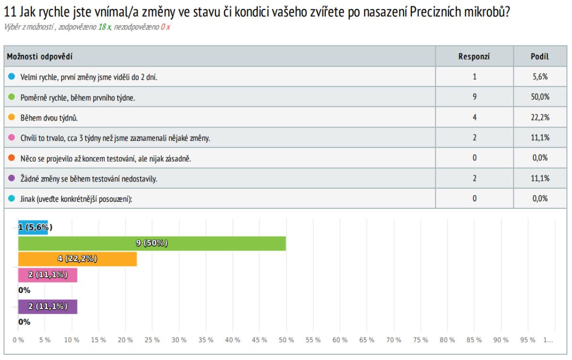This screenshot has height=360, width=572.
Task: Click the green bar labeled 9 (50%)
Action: [152, 243]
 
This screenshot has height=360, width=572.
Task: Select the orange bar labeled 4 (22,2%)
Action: [77, 259]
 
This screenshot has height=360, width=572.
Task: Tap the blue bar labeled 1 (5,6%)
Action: [33, 227]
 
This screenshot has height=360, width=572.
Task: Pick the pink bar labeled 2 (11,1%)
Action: [47, 275]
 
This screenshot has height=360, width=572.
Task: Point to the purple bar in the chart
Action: [47, 307]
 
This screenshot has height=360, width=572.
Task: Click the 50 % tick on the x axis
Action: [286, 340]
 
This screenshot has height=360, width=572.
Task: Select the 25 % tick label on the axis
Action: [152, 340]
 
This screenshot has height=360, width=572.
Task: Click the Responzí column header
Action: [474, 57]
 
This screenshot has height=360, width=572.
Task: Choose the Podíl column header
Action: [540, 57]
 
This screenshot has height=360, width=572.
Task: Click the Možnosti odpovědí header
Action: [40, 57]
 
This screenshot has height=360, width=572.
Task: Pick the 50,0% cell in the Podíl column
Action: [540, 97]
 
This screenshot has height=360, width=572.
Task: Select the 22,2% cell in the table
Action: [540, 117]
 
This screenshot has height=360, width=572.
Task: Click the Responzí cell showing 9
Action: [474, 97]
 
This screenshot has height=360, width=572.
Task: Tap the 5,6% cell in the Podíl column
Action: [540, 77]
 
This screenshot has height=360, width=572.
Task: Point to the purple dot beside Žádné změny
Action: [12, 178]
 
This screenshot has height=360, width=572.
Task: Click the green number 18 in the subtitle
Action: [102, 27]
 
